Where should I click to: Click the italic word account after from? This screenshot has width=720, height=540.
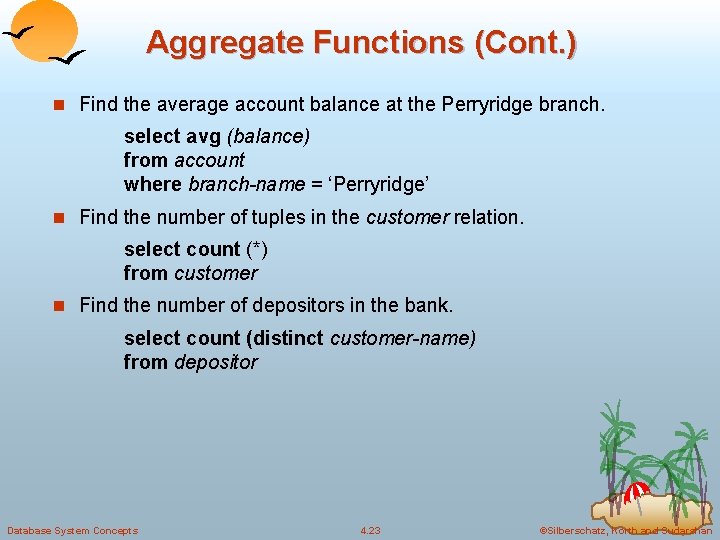209,160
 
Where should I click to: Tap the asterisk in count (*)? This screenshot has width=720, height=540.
257,250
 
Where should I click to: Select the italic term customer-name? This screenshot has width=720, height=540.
402,338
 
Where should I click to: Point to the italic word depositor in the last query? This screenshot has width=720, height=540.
215,362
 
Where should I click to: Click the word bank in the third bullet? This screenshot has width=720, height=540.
430,304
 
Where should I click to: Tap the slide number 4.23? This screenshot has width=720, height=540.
370,530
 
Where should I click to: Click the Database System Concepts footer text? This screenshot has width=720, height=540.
72,530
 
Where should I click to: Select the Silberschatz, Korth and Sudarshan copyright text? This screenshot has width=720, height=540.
625,530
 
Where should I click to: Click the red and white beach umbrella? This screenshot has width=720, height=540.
636,491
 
